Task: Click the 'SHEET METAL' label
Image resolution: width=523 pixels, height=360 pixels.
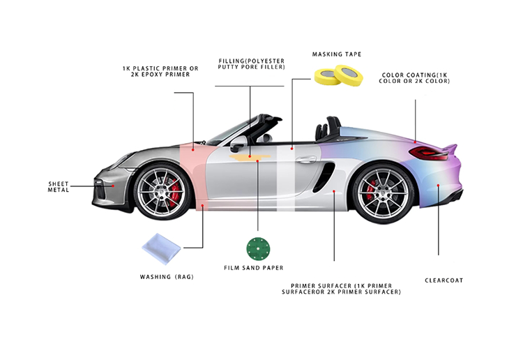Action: tap(59, 187)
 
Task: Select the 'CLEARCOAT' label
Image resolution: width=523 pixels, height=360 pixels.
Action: tap(444, 280)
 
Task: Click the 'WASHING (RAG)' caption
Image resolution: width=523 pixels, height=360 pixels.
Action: tap(167, 277)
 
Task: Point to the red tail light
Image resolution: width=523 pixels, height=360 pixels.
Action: tap(425, 151)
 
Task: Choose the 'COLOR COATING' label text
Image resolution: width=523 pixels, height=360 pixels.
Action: tap(414, 77)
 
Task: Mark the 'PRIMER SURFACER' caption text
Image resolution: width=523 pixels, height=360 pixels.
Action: tap(345, 289)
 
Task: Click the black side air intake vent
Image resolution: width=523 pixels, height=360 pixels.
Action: tap(323, 179)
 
